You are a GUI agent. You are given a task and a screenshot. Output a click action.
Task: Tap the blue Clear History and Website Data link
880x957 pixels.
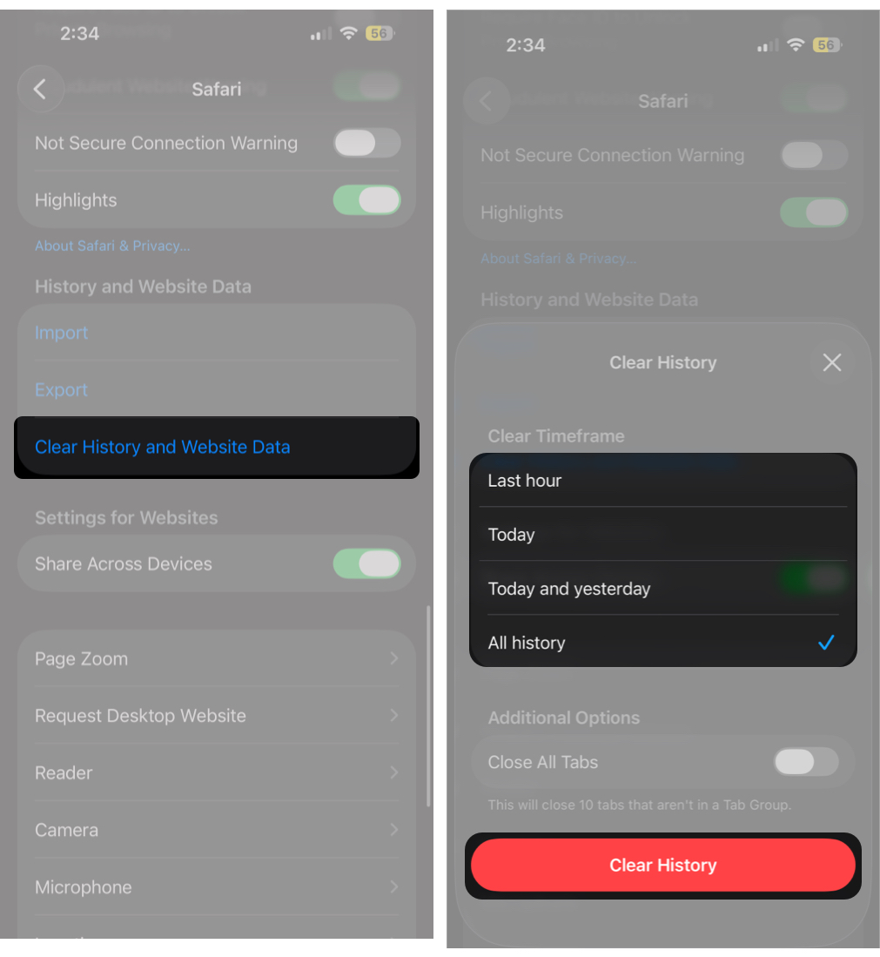coord(162,448)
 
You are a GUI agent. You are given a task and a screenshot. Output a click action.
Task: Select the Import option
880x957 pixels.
coord(62,333)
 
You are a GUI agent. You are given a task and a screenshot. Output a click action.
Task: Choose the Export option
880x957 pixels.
coord(62,390)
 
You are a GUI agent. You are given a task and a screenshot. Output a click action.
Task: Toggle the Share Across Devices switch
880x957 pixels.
coord(366,563)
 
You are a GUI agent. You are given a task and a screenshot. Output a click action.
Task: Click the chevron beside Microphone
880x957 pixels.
coord(393,887)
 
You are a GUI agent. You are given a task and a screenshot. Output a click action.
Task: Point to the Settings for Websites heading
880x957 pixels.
coord(126,518)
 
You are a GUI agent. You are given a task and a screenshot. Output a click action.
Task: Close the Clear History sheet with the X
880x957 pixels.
coord(832,362)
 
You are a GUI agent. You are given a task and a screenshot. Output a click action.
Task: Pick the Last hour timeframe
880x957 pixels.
coord(525,481)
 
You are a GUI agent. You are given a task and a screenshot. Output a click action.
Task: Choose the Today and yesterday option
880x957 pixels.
coord(569,590)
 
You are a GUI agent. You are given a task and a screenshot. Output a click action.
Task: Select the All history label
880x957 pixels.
coord(527,644)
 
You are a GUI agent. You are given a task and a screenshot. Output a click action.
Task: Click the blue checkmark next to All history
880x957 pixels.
coord(826,643)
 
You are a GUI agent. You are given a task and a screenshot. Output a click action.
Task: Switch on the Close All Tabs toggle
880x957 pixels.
coord(806,762)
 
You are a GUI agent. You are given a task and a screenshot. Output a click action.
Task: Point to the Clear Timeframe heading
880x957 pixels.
coord(556,436)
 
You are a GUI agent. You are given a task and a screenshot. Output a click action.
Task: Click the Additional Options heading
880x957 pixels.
coord(564,718)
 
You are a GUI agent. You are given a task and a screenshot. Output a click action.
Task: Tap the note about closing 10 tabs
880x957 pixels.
coord(640,805)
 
